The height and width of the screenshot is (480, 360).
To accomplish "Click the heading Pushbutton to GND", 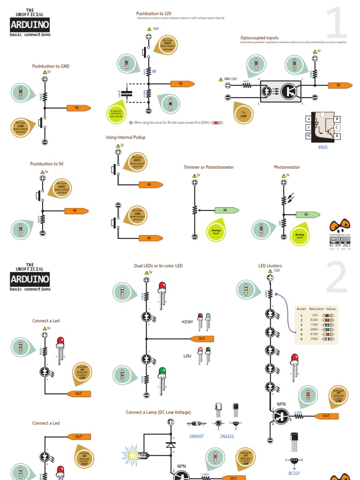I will click(x=51, y=67).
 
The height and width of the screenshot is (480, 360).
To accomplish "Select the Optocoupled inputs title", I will click(x=259, y=37).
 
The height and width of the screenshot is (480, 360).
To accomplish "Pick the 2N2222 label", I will click(x=227, y=436).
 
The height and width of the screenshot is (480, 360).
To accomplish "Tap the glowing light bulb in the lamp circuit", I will click(x=131, y=454).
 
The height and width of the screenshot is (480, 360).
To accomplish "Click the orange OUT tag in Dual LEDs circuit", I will click(x=202, y=338).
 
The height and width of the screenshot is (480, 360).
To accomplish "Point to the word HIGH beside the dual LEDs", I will click(x=187, y=322).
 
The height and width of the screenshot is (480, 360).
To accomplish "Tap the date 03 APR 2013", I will click(x=340, y=245).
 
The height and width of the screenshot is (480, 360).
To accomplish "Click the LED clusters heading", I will click(x=270, y=266).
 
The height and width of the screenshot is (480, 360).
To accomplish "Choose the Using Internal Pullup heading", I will click(x=126, y=137).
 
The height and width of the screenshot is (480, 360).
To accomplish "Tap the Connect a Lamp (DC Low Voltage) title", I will click(x=158, y=412).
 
